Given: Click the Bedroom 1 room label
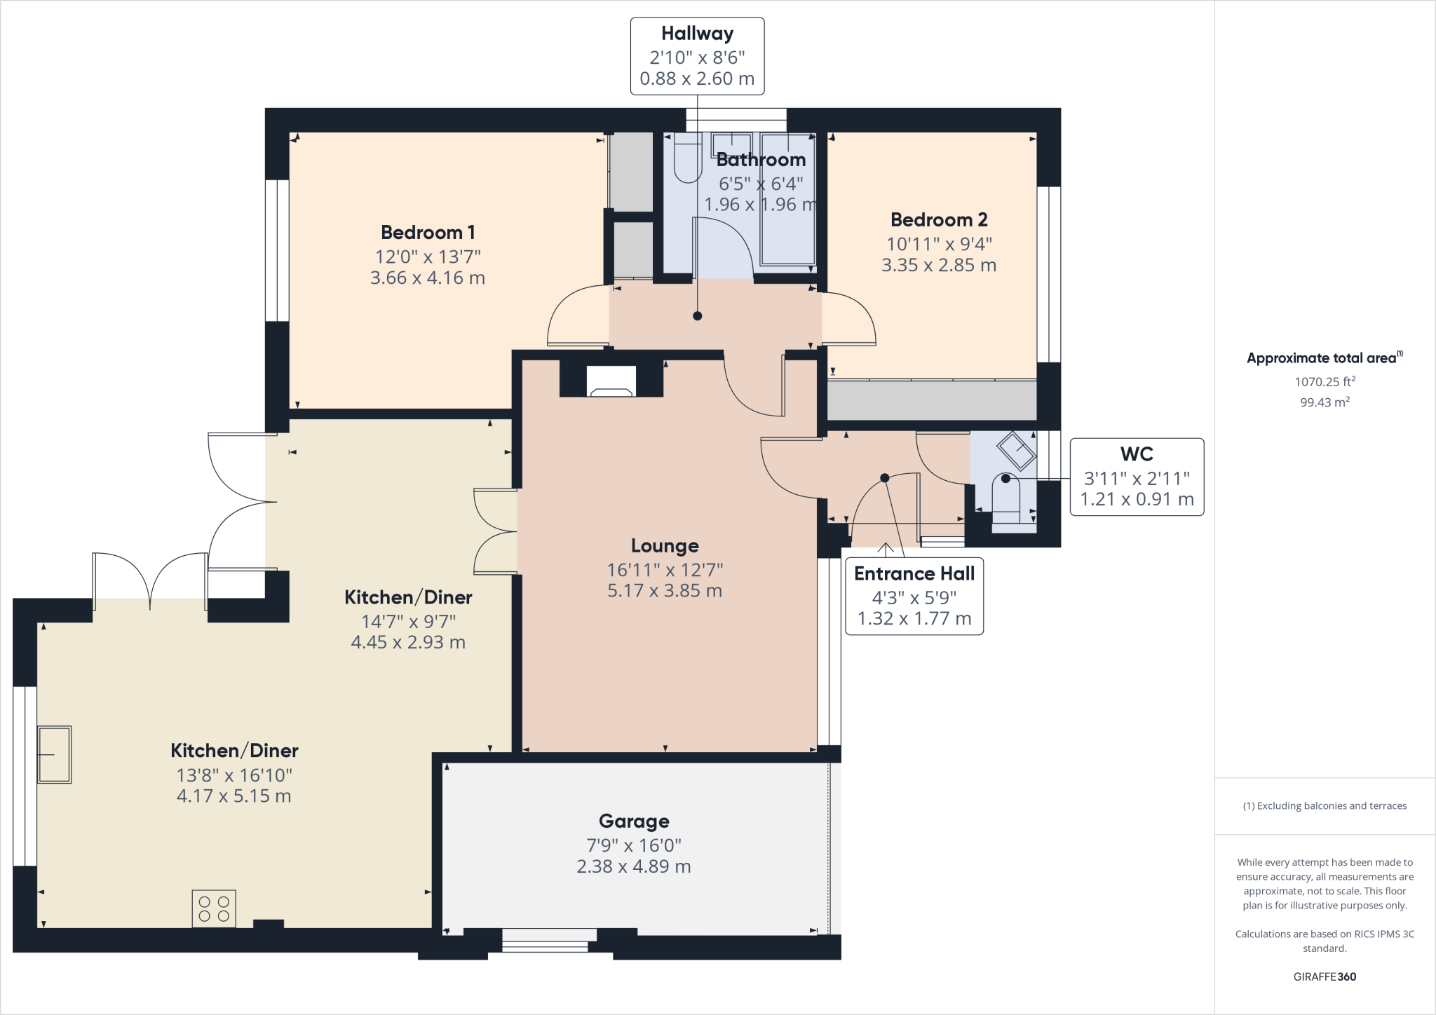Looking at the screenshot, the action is point(428,232).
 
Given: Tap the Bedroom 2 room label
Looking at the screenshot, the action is point(939,219).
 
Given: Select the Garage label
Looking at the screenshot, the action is point(634,821).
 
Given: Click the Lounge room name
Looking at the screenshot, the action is point(665,545).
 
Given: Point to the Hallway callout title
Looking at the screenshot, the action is point(697,34).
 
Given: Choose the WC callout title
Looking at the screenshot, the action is point(1137,454).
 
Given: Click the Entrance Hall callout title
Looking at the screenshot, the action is point(914,573).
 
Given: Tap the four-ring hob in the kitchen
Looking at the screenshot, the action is point(214,908).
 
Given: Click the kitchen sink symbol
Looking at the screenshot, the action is point(54,754).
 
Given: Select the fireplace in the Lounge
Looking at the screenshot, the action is point(611,382).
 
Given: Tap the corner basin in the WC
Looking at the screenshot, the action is point(1017,451).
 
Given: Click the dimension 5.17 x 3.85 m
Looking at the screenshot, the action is point(665,590).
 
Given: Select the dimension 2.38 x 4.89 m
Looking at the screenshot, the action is point(634,866).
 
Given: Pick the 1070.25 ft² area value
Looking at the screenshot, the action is point(1325,381).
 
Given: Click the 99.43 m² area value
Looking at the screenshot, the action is point(1325,402).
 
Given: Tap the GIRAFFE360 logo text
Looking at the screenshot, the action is point(1325,976).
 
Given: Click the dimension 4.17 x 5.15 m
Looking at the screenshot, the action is point(233,796).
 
